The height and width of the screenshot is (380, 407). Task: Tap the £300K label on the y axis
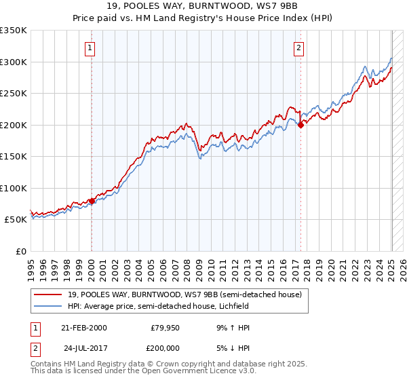click(x=14, y=62)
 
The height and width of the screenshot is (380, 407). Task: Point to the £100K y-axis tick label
click(x=14, y=188)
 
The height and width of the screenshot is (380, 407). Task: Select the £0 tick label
click(x=20, y=251)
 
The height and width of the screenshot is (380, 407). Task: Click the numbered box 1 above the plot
click(x=90, y=47)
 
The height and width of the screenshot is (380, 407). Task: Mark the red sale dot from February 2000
click(x=92, y=201)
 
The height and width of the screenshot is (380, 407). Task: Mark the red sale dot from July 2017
click(x=301, y=125)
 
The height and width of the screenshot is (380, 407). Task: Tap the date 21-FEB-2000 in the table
click(x=83, y=328)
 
